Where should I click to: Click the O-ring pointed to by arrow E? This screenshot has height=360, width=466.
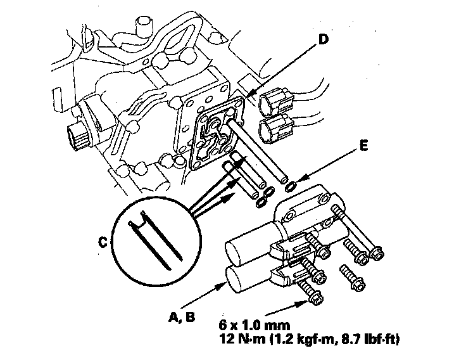pos(291,186)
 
